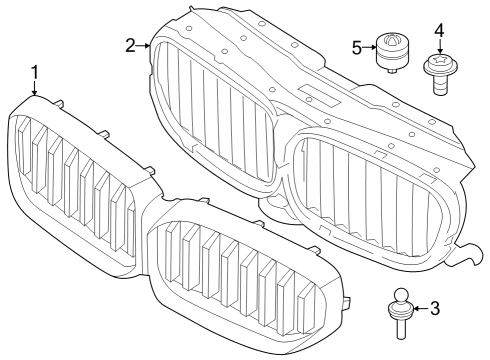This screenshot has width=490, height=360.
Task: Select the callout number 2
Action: [131, 45]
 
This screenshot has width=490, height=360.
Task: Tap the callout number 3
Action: [434, 307]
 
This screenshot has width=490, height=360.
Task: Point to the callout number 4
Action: [438, 31]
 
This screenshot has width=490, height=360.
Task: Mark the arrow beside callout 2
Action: [146, 45]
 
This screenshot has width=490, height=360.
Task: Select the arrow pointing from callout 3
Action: [418, 307]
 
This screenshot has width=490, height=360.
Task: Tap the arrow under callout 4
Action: [438, 46]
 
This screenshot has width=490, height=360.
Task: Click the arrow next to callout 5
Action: [370, 46]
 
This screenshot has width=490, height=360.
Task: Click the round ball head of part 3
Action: [400, 297]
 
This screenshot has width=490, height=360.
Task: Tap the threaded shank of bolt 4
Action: [440, 84]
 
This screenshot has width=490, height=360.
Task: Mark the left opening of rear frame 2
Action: [215, 115]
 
